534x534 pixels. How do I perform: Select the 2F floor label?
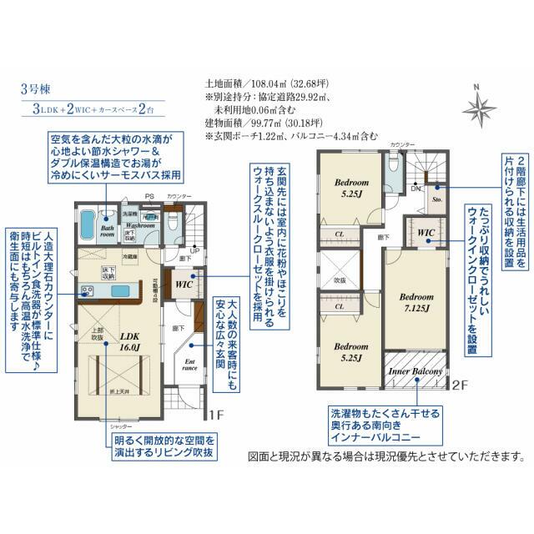(x=459, y=385)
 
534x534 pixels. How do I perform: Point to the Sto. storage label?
(x=436, y=200)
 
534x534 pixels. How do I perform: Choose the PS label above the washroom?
(x=149, y=197)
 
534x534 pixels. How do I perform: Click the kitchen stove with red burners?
(x=87, y=291)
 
